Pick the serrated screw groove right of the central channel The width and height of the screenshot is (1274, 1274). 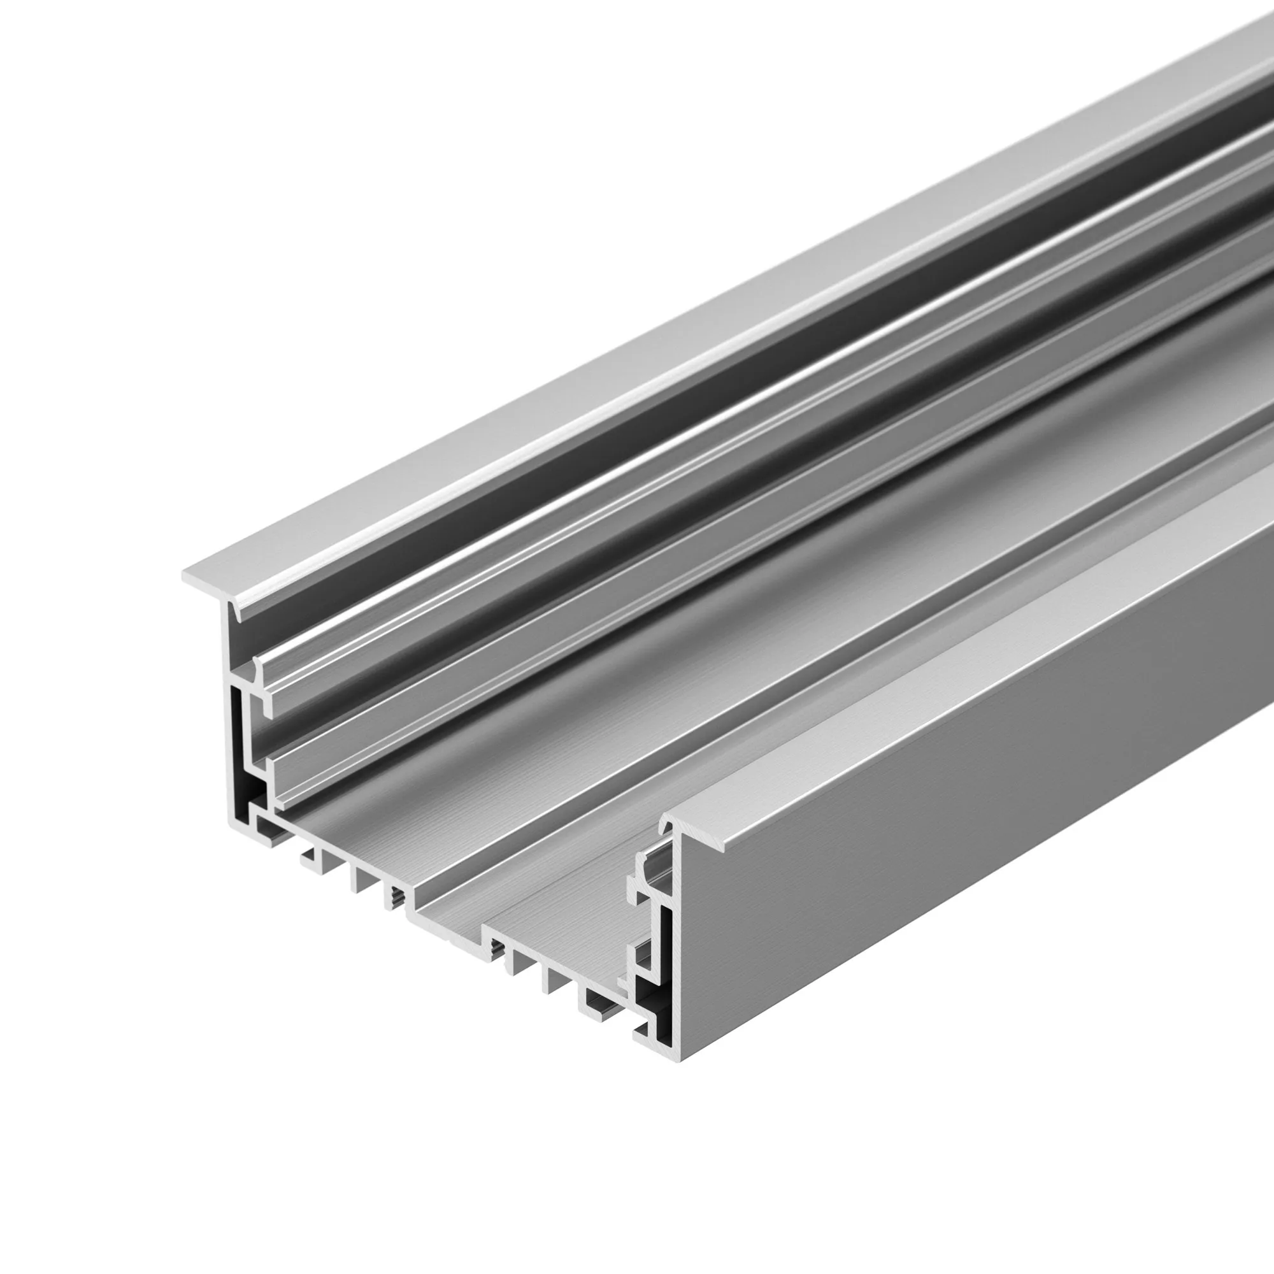(496, 950)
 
